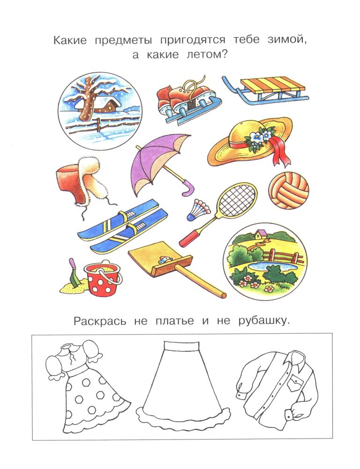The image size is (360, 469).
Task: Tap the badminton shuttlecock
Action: point(198,209)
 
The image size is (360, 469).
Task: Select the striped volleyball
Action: point(289,190)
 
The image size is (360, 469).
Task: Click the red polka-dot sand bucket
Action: point(102,278)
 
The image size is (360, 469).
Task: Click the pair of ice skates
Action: point(189,102)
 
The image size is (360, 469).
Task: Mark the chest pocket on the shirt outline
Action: point(295,383)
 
